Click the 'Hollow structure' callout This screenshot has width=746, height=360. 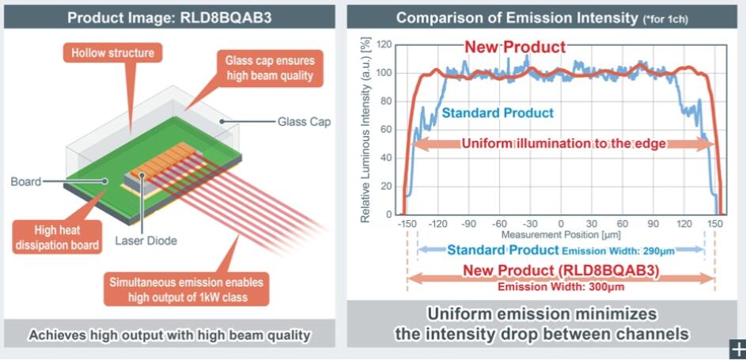(112, 53)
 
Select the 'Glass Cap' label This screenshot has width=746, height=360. (303, 122)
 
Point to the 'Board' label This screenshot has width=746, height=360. (25, 181)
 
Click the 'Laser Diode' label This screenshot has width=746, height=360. (146, 241)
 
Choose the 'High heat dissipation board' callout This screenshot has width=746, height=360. (57, 237)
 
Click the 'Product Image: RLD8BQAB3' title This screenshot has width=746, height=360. (170, 17)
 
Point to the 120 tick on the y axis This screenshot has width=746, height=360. (385, 44)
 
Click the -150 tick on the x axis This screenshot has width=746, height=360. (407, 224)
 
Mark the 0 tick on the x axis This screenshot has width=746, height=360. (561, 224)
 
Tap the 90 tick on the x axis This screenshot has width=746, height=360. (654, 224)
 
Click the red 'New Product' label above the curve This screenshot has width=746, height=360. (515, 47)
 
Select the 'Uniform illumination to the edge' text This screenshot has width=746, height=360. (563, 143)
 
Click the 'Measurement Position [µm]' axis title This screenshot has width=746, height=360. (561, 235)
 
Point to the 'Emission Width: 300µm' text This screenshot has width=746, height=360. (561, 286)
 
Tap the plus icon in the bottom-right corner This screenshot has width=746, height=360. (737, 349)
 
